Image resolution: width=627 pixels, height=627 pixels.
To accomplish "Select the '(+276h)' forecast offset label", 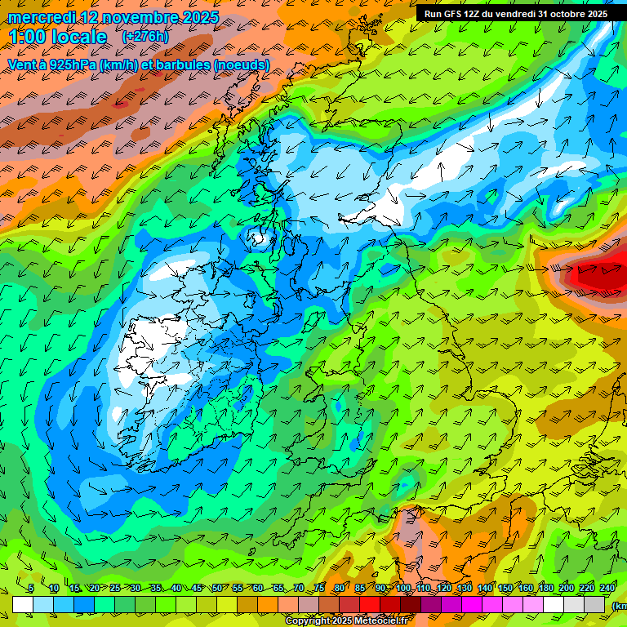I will pyautogui.click(x=145, y=37).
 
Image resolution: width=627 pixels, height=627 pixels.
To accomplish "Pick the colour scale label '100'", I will pyautogui.click(x=403, y=589).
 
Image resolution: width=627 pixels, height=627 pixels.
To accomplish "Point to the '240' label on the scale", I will pyautogui.click(x=607, y=589).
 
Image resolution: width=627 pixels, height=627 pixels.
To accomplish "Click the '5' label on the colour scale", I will pyautogui.click(x=30, y=589).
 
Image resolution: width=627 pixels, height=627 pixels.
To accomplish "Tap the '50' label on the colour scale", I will pyautogui.click(x=217, y=589).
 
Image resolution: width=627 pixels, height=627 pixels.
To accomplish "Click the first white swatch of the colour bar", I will pyautogui.click(x=23, y=605).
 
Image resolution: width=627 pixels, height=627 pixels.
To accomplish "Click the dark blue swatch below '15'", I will pyautogui.click(x=84, y=605).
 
